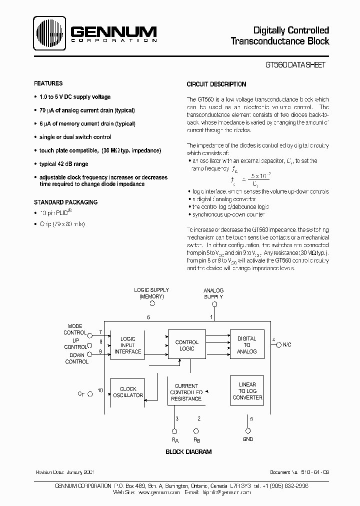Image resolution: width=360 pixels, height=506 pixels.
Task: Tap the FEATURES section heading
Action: tap(48, 83)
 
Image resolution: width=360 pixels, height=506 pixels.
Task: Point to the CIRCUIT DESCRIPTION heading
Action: tap(216, 84)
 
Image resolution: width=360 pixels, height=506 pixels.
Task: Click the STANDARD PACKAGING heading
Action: tap(65, 202)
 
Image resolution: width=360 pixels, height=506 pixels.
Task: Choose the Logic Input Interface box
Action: tap(127, 345)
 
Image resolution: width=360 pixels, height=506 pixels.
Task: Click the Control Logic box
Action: tap(186, 345)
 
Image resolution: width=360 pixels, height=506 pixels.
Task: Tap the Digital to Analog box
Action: tap(246, 345)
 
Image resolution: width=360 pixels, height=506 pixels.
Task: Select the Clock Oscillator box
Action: tap(127, 392)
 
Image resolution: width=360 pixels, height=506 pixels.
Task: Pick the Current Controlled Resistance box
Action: tap(186, 392)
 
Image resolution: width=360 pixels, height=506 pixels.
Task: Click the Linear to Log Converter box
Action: tap(247, 391)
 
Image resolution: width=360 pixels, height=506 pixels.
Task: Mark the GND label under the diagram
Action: tap(247, 439)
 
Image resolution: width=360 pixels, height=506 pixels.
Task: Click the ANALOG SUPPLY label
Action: tap(213, 293)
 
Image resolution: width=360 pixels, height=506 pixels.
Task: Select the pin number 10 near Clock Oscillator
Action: tap(100, 390)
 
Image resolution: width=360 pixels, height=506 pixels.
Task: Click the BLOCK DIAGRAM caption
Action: tap(188, 451)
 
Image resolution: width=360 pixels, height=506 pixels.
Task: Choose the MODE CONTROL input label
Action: tap(75, 329)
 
